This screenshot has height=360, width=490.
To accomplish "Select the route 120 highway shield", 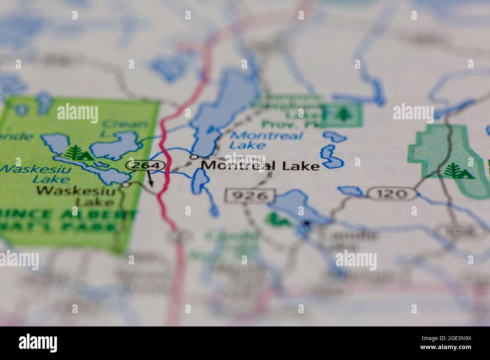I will tap(392, 194).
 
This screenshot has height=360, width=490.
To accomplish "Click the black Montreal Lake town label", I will tap(260, 165).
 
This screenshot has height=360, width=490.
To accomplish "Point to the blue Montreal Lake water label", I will tap(266, 140).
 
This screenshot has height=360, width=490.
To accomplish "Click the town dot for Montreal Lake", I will tap(194, 156).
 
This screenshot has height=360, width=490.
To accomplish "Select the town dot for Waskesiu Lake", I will tap(126, 185).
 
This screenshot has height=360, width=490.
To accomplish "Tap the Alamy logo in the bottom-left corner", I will tap(39, 342).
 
